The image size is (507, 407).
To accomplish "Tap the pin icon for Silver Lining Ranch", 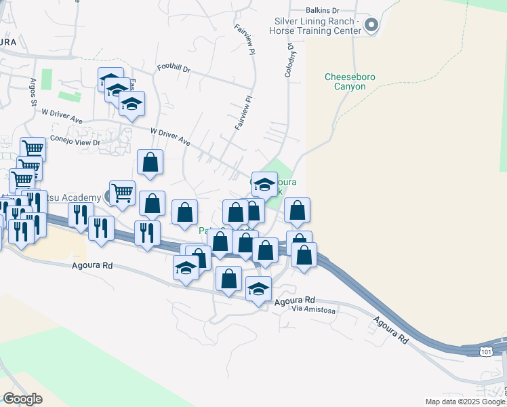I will (371, 26).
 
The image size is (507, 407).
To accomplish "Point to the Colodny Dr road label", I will (289, 60).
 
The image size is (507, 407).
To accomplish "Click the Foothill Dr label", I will (174, 69).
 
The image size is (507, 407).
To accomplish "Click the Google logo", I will (23, 399).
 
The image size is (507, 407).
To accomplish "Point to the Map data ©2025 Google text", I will (465, 402).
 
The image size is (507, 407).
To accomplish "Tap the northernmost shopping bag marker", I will (150, 163).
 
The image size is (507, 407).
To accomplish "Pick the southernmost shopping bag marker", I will (229, 278).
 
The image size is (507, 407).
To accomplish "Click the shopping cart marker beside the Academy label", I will (122, 192).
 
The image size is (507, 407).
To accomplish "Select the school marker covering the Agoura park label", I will (264, 184).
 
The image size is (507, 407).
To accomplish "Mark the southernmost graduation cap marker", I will (258, 289).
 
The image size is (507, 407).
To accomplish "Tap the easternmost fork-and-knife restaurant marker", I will (147, 233).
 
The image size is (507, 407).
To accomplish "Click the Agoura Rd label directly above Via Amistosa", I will (295, 299).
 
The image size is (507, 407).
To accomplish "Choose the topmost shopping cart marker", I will (33, 149).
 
